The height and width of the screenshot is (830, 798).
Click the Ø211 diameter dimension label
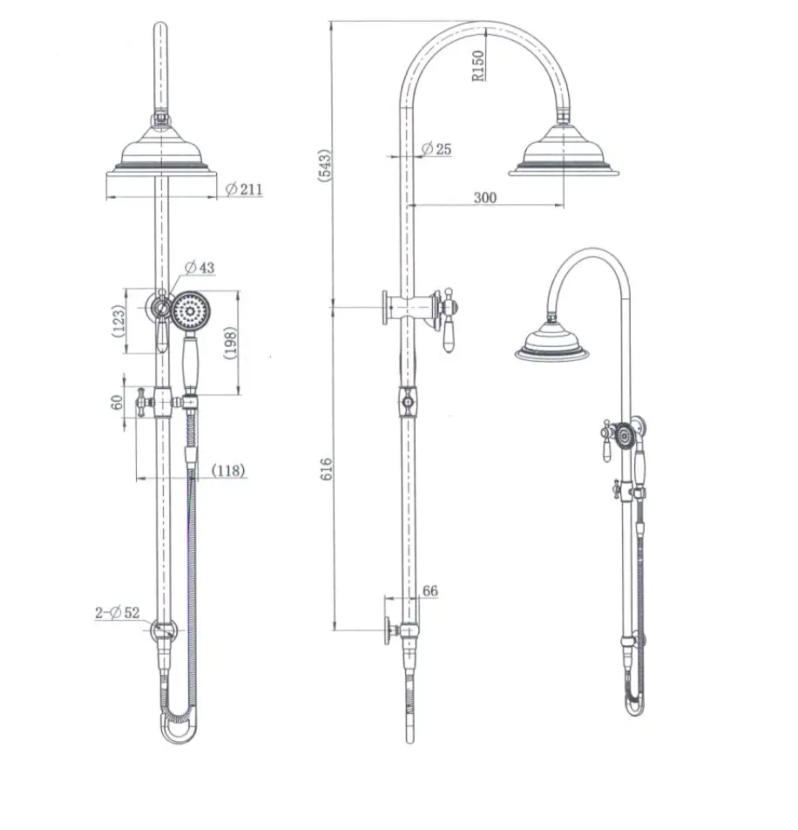coord(244,189)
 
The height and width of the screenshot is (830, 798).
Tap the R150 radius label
coord(478,65)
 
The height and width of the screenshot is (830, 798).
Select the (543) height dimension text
coord(325,166)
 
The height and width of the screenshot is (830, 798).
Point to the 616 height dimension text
coord(327,470)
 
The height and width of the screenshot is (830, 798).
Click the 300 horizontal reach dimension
coord(485,197)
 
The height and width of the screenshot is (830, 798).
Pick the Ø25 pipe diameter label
coord(436,149)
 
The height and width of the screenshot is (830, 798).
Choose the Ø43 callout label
coord(199,268)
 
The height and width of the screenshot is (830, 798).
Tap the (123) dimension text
coord(118,321)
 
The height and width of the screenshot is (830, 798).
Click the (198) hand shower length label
coord(231,343)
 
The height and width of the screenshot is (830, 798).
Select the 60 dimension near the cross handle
coord(117,402)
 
